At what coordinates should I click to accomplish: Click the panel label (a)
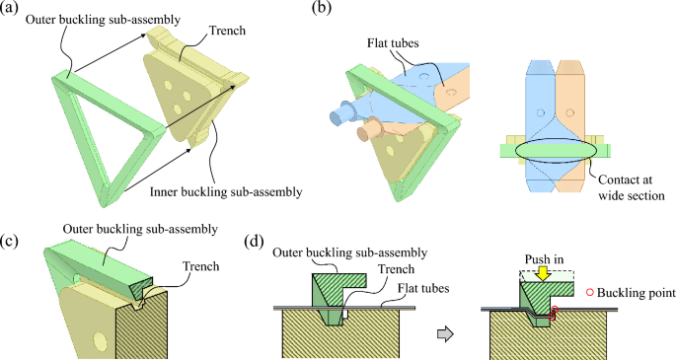click(x=9, y=8)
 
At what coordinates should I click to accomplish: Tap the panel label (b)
click(x=322, y=8)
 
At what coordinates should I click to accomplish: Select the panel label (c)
click(x=9, y=242)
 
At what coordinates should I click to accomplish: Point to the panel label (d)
click(x=255, y=242)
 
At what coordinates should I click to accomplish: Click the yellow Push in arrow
click(x=543, y=273)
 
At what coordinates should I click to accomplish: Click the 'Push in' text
click(x=544, y=259)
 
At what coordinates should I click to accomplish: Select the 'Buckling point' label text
click(x=637, y=293)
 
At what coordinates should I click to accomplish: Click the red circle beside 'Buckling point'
click(x=589, y=293)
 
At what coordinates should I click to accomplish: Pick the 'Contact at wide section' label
click(x=632, y=187)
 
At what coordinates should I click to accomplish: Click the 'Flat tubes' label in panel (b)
click(x=393, y=43)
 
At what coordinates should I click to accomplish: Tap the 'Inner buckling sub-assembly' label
click(x=226, y=191)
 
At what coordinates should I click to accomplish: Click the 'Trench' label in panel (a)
click(x=227, y=31)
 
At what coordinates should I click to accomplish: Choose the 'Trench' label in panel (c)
click(x=200, y=266)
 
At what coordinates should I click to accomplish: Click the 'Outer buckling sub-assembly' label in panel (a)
click(x=103, y=20)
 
